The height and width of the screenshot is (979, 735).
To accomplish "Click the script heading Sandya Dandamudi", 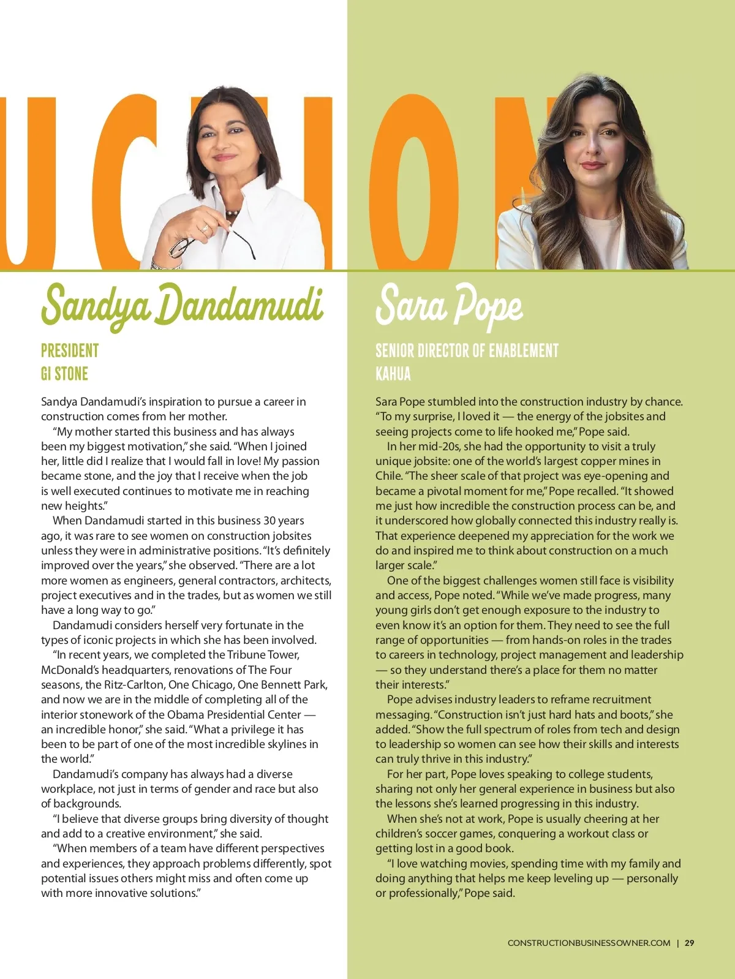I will click(182, 304).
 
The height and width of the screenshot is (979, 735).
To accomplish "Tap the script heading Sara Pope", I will click(449, 304).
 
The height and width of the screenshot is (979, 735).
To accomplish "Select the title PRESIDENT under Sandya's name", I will click(70, 350).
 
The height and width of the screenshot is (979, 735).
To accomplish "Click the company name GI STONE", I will click(64, 374).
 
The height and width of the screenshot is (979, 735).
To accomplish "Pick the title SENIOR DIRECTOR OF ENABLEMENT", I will click(467, 350).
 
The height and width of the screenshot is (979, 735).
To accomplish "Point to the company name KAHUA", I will click(393, 374).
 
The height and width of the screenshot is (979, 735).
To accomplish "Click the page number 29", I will click(690, 943).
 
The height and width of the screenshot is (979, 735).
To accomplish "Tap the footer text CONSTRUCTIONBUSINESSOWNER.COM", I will click(589, 943).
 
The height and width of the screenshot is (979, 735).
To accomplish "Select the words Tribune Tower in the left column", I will click(263, 655).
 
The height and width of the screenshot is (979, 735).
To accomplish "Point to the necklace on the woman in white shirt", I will click(232, 213).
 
